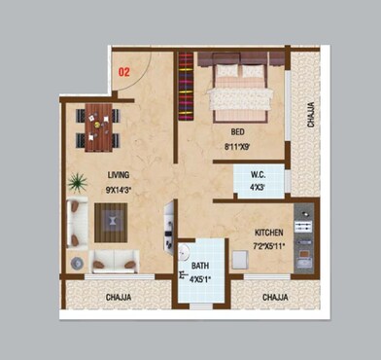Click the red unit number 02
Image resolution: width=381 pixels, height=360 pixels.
click(124, 70)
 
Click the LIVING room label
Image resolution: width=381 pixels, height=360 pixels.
click(120, 176)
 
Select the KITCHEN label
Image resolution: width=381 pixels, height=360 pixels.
click(269, 234)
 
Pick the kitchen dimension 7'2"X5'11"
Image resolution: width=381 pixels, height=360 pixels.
click(269, 247)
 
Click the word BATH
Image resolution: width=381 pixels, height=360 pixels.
click(199, 266)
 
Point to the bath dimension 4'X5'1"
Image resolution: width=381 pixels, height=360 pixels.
click(200, 280)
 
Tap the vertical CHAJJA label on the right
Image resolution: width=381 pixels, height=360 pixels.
click(310, 116)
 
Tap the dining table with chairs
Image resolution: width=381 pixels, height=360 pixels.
click(98, 126)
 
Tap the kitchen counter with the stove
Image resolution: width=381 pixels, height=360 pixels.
click(304, 238)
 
